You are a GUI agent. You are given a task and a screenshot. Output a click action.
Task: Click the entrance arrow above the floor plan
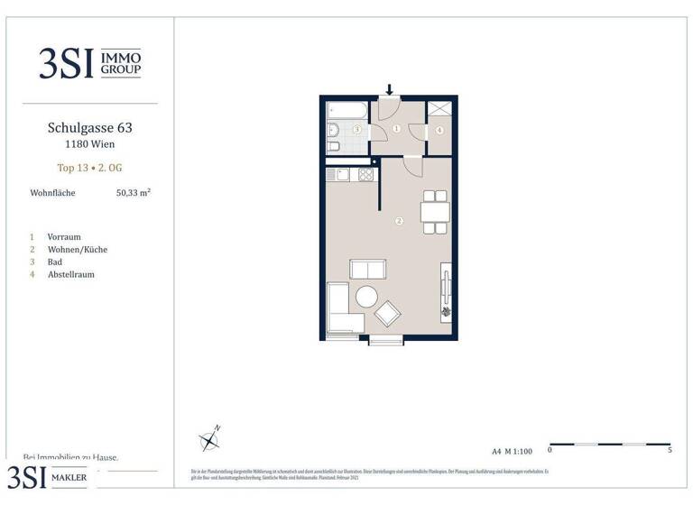coord(391,89)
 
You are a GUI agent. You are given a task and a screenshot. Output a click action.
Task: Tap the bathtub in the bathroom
coord(347,114)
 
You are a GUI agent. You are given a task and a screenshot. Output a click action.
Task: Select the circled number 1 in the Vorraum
coord(396,129)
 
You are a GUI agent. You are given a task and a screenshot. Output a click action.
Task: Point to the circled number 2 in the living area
coord(398,220)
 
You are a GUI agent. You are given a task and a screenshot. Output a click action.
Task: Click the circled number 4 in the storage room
coord(439,130)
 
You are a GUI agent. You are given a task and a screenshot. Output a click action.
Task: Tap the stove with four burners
coord(365,174)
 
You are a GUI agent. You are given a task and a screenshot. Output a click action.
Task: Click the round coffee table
coord(367,296)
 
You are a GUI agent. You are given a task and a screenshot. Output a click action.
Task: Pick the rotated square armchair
coord(389,313)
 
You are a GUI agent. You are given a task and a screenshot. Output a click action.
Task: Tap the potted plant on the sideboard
coord(445,312)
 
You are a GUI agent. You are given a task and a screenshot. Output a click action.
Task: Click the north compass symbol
coord(210,439)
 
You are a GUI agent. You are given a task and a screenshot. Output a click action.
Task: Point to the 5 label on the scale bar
coord(669,449)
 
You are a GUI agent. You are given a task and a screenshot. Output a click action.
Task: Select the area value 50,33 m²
coord(133,192)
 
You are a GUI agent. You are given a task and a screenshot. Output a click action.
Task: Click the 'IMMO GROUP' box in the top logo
coord(119,62)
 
